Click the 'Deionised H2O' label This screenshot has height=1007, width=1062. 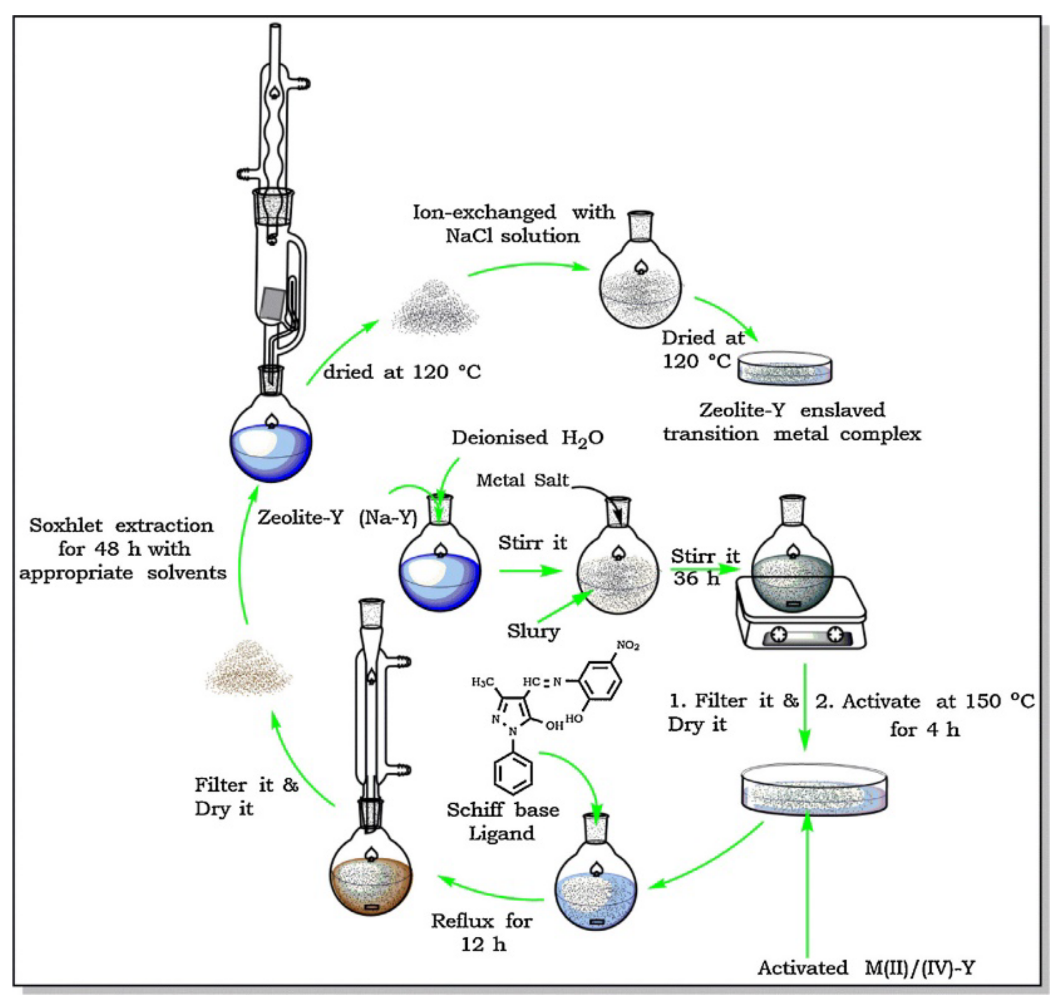[x=527, y=438]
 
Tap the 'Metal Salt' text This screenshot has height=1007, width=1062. [x=522, y=480]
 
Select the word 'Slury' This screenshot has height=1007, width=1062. [x=533, y=631]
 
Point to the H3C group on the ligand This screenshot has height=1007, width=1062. [x=483, y=682]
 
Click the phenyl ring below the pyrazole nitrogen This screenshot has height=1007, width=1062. [x=513, y=773]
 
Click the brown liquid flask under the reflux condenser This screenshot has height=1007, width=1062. [x=371, y=880]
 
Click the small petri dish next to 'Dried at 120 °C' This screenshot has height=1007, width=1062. [x=784, y=368]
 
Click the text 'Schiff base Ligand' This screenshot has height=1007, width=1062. [x=502, y=821]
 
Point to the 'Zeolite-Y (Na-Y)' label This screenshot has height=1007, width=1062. [x=337, y=517]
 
